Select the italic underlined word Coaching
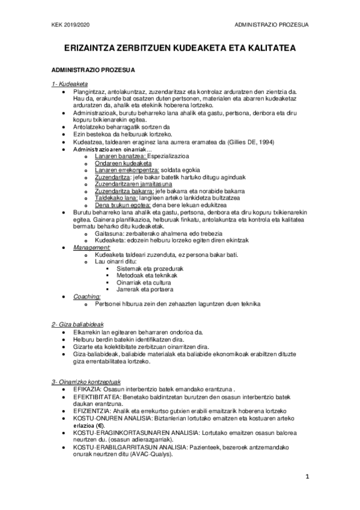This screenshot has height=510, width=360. [87, 296]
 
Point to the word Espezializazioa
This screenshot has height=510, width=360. [174, 157]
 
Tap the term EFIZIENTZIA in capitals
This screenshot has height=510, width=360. [93, 410]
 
